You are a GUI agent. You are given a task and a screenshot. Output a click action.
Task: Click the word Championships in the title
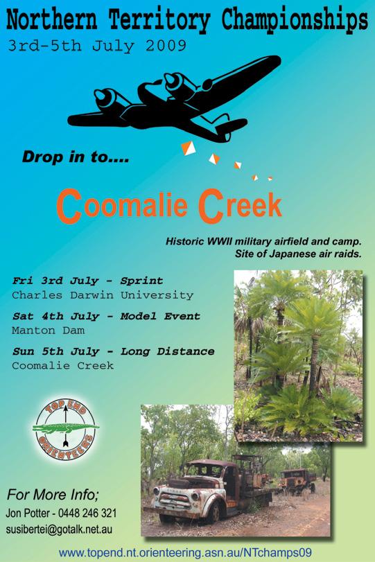click(x=295, y=21)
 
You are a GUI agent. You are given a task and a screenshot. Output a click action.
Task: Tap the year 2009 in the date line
click(x=166, y=46)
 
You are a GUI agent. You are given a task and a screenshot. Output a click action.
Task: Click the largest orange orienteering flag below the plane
click(x=189, y=148)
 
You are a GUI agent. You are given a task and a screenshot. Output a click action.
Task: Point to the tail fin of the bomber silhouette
click(x=232, y=126)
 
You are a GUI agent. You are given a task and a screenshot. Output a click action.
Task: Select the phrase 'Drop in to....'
click(x=76, y=157)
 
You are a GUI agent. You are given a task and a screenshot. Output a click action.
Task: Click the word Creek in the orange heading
click(x=240, y=205)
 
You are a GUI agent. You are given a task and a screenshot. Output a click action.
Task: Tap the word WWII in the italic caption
click(x=218, y=241)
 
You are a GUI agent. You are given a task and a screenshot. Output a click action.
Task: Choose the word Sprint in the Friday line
click(x=141, y=281)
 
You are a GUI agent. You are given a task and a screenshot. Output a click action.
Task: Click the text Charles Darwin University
click(x=103, y=295)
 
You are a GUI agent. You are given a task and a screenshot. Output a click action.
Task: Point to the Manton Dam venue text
click(x=48, y=330)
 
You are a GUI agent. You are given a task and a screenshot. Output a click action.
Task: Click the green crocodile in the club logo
click(x=66, y=428)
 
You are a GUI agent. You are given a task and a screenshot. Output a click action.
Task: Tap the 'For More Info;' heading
click(x=53, y=495)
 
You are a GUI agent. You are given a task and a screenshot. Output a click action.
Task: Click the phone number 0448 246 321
click(x=87, y=513)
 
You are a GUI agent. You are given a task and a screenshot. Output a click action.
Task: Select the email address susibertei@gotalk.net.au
click(x=59, y=529)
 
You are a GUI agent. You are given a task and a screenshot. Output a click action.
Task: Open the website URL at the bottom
click(x=185, y=552)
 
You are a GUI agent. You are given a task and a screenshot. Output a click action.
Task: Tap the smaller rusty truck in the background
click(x=297, y=481)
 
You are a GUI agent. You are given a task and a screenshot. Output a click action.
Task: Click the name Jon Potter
click(x=28, y=513)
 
